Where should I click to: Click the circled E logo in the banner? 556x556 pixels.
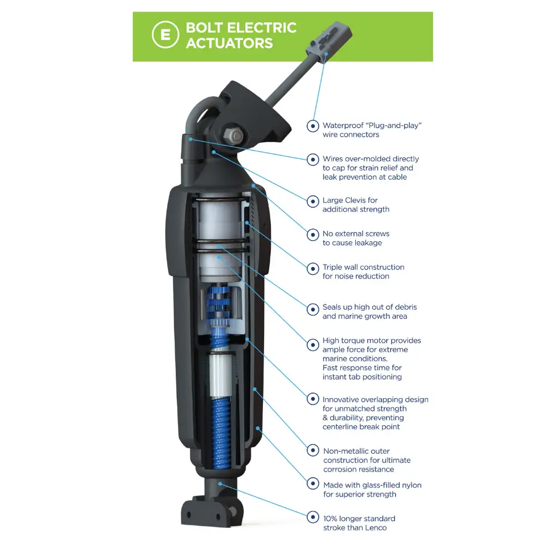click(x=165, y=34)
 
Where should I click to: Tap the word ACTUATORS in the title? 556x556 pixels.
click(x=230, y=43)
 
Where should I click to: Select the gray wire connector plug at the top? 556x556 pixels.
click(x=329, y=42)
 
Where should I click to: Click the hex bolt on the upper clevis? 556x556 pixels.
click(x=233, y=135)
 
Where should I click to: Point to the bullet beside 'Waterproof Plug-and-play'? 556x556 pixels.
click(x=312, y=126)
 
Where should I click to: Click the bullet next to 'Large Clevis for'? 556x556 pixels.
click(x=312, y=201)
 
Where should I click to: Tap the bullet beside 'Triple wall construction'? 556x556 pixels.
click(x=312, y=269)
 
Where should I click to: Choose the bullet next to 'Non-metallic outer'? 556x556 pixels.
click(x=312, y=450)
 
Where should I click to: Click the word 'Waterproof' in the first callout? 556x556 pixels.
click(x=343, y=126)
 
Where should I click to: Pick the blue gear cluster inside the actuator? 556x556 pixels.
click(x=219, y=307)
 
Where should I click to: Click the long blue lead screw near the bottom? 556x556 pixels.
click(x=221, y=433)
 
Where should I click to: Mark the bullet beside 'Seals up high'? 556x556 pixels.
click(x=312, y=309)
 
